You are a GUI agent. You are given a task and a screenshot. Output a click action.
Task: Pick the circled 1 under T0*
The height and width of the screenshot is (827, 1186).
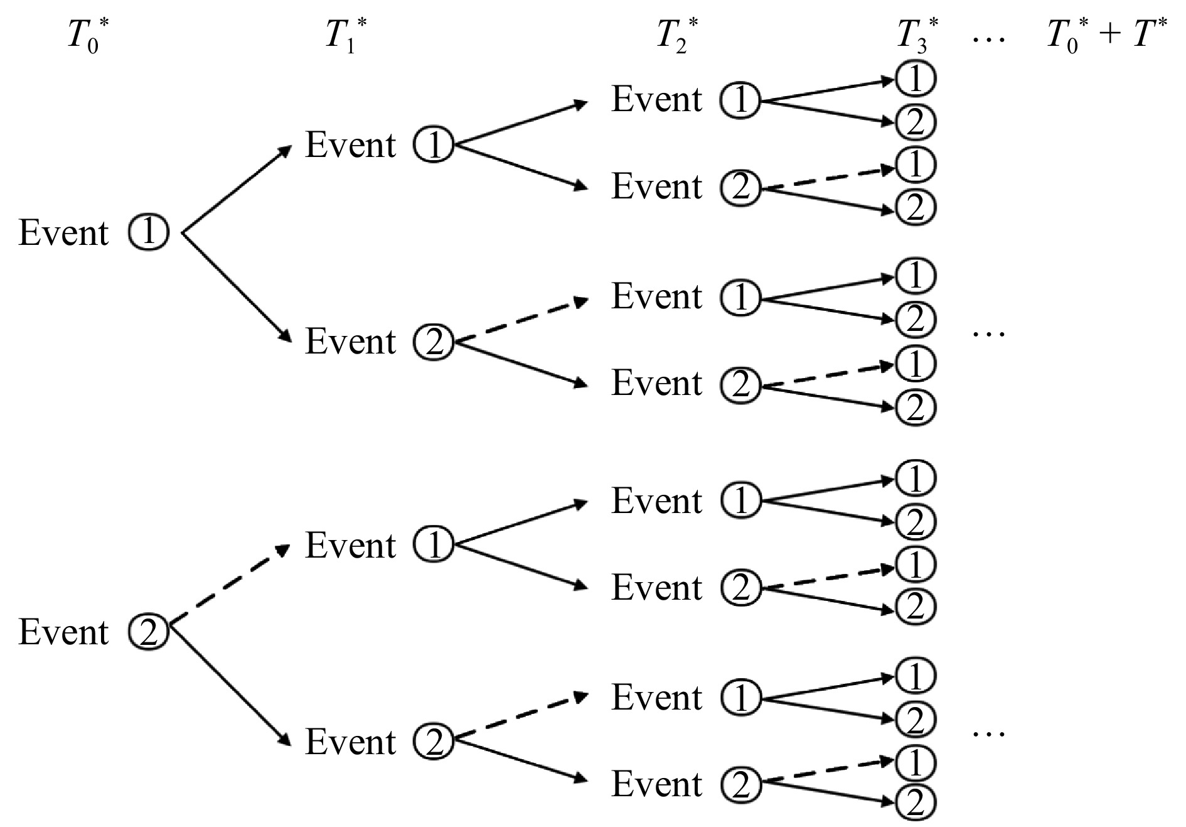coord(149,233)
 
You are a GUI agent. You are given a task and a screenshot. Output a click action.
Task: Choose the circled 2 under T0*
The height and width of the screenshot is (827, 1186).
coord(149,632)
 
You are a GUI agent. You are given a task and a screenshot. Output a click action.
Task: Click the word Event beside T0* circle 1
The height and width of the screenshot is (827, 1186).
coord(63,233)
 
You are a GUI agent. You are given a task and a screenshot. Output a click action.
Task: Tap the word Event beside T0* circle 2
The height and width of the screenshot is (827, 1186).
coord(63,632)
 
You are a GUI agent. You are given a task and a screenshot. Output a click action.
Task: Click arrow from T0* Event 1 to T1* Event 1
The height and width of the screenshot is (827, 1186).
coord(237,190)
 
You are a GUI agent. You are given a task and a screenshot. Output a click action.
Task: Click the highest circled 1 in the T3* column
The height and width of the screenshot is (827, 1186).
coord(916,78)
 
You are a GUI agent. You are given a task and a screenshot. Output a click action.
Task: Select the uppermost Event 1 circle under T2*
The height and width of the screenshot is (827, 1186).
coord(740,100)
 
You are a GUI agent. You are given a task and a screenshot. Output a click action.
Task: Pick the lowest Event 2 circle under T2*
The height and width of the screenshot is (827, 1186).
coord(740,784)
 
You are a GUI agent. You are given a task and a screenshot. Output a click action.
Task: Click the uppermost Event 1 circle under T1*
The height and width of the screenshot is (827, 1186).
coord(433,146)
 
